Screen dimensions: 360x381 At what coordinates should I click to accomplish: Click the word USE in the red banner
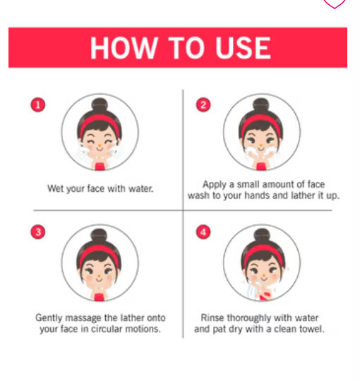243,48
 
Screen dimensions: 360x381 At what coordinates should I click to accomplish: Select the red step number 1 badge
38,105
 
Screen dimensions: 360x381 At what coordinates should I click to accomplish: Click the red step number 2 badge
203,105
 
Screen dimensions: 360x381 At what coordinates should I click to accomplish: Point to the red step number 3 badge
38,232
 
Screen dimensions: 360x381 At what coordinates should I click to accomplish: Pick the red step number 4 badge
203,232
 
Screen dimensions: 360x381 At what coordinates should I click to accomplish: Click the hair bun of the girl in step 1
100,104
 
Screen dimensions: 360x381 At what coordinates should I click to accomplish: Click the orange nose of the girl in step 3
99,277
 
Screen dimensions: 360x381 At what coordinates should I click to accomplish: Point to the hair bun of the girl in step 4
262,235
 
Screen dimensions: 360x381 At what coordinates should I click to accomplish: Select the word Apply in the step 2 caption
215,185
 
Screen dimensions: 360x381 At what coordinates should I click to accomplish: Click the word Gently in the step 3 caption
49,318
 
